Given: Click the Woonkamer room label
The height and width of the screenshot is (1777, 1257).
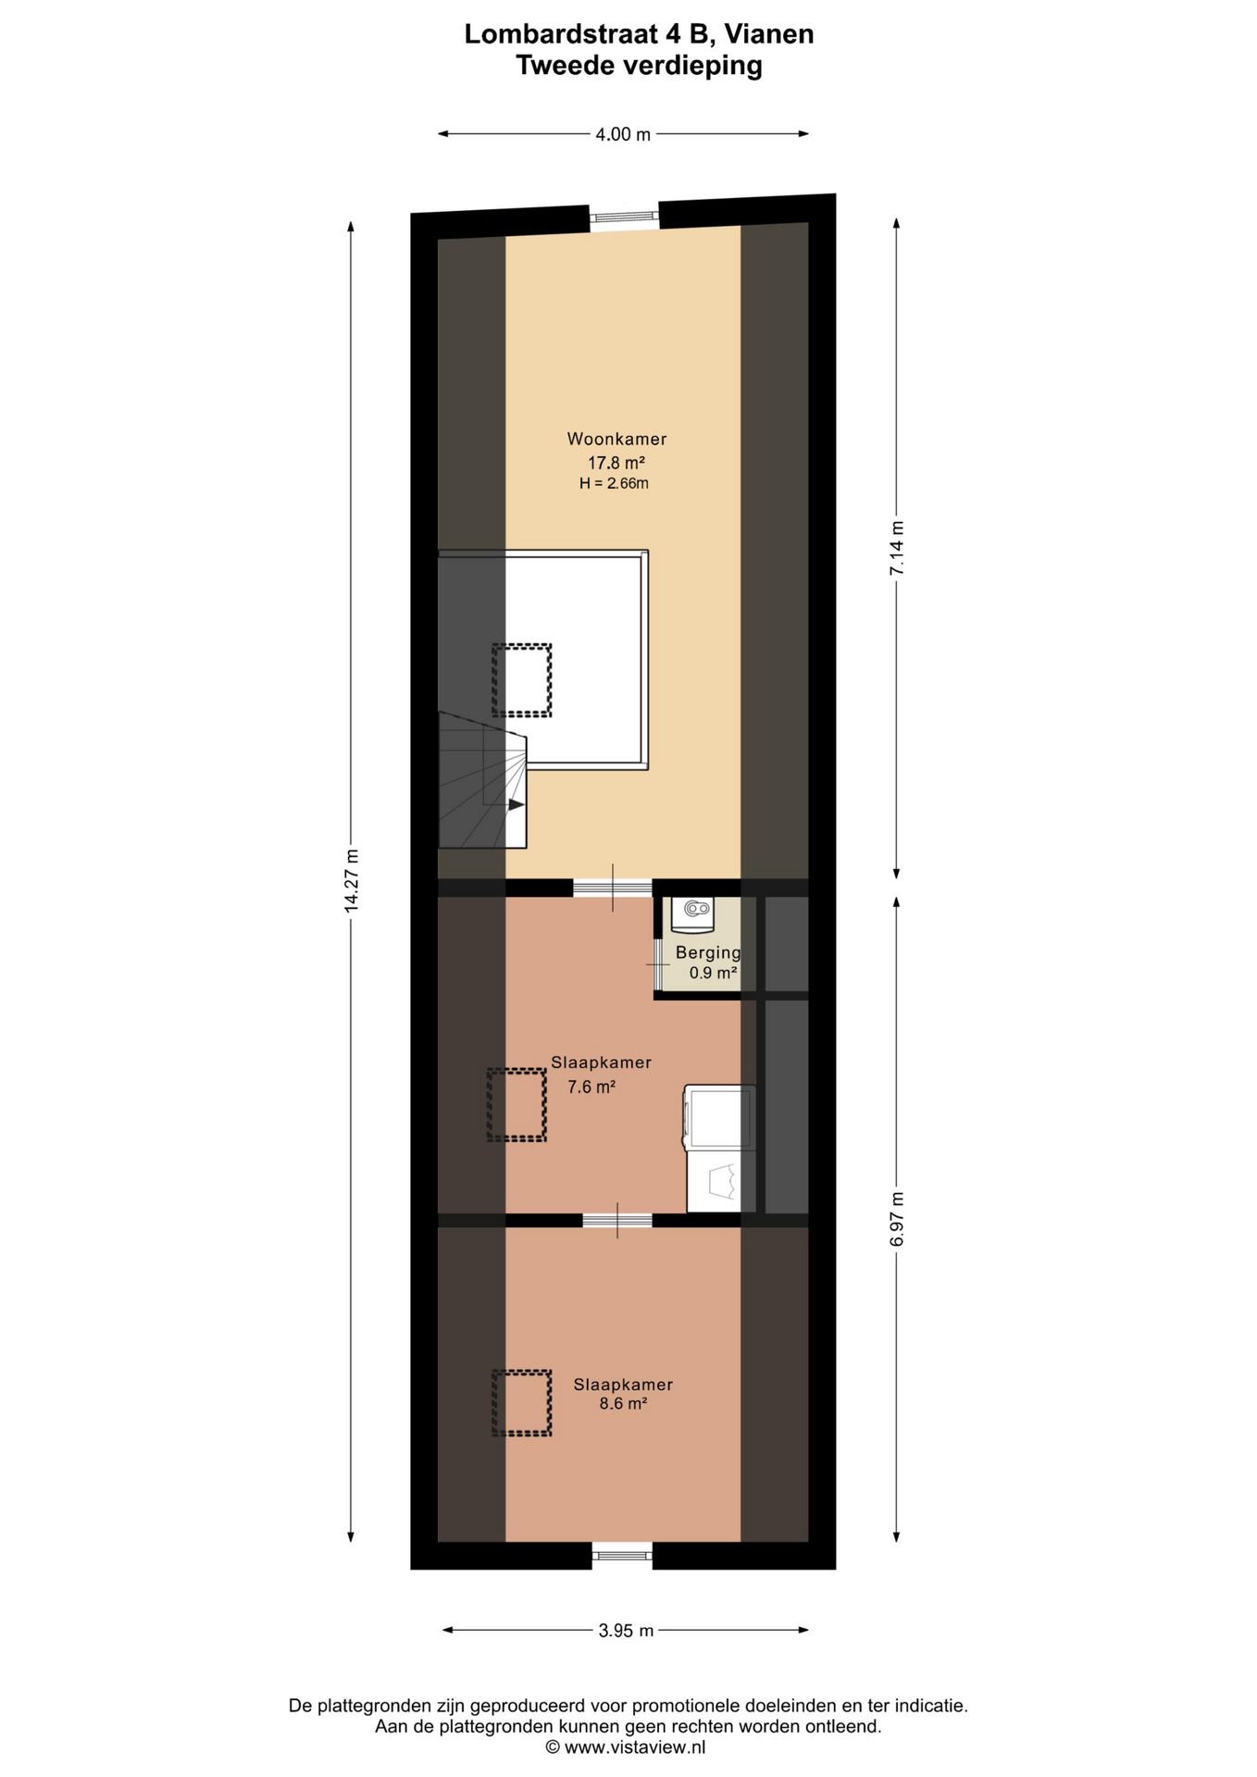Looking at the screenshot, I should [616, 439].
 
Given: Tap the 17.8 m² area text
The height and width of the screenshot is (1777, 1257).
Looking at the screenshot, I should [616, 462].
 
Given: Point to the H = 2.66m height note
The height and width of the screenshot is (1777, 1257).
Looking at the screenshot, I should [614, 483].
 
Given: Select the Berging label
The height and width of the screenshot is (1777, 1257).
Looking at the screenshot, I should [708, 952].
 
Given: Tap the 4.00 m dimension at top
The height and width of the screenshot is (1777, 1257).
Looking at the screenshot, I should [623, 134].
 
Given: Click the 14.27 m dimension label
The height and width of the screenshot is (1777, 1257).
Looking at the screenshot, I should [351, 881].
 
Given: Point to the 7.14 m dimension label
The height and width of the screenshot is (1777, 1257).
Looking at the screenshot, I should [896, 548].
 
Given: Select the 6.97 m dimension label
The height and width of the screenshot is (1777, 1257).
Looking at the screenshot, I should [896, 1219].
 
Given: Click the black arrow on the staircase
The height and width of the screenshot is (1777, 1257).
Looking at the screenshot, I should [516, 804].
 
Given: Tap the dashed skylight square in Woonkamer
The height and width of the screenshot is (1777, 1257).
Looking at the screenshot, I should [521, 680].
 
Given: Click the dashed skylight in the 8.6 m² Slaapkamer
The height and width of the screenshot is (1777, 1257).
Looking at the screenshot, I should [521, 1402].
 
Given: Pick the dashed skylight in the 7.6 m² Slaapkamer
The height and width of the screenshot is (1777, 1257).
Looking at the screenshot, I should [516, 1104].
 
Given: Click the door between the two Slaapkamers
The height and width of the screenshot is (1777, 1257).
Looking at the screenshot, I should [617, 1220].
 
